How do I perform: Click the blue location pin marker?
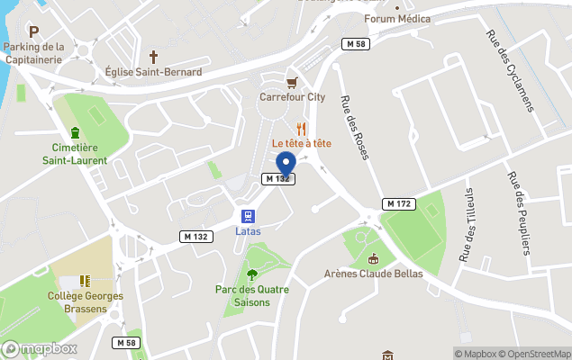[286, 164]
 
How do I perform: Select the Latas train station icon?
[248, 216]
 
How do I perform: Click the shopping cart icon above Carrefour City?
[291, 81]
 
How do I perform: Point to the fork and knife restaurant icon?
[302, 129]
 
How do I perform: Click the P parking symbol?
[33, 31]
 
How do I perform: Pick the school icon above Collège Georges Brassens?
[85, 281]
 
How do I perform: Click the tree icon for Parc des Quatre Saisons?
[251, 274]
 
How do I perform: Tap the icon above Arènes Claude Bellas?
[373, 259]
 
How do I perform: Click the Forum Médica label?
[397, 19]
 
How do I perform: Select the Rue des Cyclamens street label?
[510, 71]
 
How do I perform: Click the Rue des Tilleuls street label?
[466, 224]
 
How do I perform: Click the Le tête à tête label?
[302, 144]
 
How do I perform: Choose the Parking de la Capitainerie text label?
[33, 53]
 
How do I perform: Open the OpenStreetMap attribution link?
[539, 354]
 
